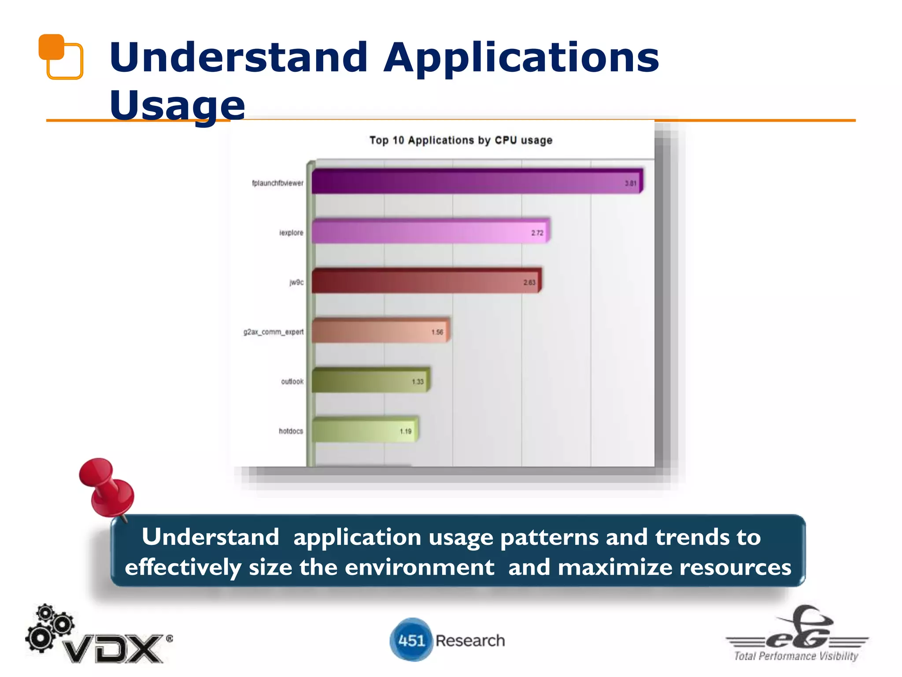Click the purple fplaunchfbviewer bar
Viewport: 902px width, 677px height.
coord(476,182)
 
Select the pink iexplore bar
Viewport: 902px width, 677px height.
coord(429,231)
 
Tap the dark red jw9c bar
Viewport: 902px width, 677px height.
coord(425,281)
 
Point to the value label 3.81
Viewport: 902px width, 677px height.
coord(630,183)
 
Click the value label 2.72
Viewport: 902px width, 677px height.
coord(537,233)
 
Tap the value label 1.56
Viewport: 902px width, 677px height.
coord(437,332)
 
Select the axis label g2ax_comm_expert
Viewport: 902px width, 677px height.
coord(273,332)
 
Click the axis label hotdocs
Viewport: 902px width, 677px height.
coord(291,431)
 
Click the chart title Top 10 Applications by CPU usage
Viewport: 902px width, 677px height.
coord(461,140)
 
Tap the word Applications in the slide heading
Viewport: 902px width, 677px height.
coord(521,57)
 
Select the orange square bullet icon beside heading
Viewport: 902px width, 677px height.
coord(61,56)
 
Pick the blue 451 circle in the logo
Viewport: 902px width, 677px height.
coord(411,640)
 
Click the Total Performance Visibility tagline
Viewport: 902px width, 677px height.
coord(796,656)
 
